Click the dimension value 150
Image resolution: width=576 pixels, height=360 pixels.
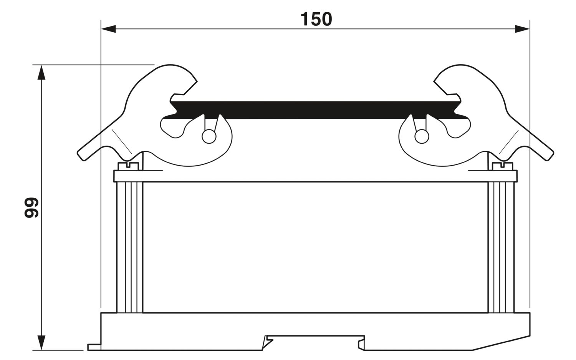click(316, 19)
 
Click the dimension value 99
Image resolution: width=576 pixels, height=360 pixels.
click(31, 207)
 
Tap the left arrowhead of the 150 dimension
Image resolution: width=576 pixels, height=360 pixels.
click(109, 29)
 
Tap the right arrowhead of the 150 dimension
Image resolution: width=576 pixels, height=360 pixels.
click(522, 29)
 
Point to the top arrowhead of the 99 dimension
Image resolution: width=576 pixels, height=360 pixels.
click(41, 73)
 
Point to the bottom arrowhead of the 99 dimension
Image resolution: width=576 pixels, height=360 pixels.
click(41, 342)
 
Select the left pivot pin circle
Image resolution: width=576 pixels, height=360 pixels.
click(209, 136)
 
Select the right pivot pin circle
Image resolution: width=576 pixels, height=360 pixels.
click(422, 136)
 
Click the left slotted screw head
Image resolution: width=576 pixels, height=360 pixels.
click(128, 166)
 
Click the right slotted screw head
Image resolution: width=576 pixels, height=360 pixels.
click(502, 166)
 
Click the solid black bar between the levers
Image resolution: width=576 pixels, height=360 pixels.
click(316, 110)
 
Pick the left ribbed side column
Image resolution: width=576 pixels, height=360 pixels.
click(130, 247)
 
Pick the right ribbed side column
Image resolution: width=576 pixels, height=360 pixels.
click(501, 247)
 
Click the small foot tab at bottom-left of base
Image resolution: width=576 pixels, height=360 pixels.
click(94, 347)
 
